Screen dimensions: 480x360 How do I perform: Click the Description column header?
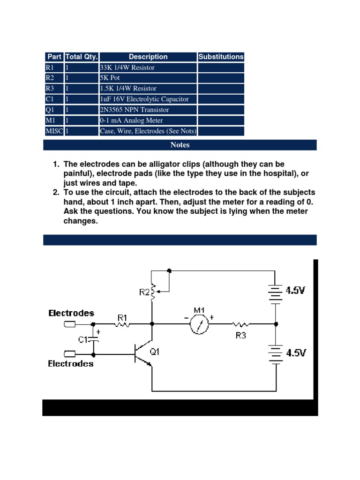click(x=148, y=57)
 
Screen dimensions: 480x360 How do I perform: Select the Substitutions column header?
click(x=221, y=57)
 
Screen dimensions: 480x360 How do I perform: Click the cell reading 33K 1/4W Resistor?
click(x=127, y=67)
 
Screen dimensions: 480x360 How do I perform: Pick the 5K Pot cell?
click(x=110, y=78)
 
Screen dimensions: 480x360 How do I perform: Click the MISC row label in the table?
click(x=54, y=131)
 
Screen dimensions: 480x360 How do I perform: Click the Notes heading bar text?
click(x=180, y=145)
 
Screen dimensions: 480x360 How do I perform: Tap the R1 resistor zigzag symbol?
click(x=123, y=324)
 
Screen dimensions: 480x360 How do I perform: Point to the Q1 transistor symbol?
click(x=143, y=354)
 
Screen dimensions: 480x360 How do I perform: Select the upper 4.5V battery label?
click(x=296, y=291)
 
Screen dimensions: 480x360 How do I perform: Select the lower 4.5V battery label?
click(x=296, y=352)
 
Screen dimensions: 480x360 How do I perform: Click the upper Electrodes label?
click(x=71, y=313)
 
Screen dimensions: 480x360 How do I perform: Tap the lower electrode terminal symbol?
click(x=69, y=354)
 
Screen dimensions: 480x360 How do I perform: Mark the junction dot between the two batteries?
click(x=276, y=324)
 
